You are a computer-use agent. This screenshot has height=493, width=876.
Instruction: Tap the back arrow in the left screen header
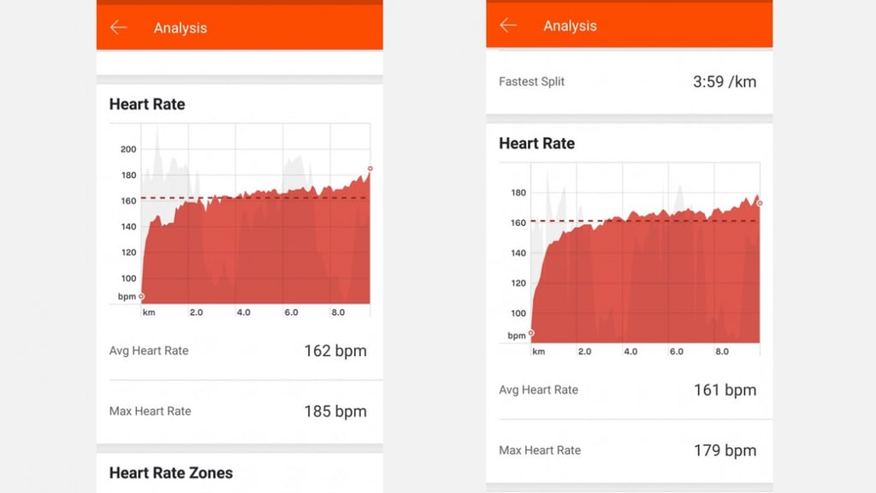(x=118, y=27)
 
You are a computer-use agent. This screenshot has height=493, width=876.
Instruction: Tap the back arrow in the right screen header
(x=508, y=25)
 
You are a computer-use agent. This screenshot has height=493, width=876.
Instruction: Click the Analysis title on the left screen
(x=181, y=28)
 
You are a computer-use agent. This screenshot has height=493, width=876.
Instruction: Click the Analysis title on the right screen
(x=570, y=26)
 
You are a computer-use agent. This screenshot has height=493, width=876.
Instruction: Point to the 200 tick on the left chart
(x=128, y=149)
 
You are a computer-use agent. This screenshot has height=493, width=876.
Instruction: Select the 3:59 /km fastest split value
(x=725, y=81)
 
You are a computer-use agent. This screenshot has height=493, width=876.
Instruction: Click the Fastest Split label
(x=531, y=81)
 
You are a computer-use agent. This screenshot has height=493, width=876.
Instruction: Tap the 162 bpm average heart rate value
(x=335, y=351)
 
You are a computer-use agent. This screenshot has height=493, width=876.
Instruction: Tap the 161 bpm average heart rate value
(x=725, y=390)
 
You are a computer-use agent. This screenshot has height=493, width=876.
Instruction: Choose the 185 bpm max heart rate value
(x=335, y=412)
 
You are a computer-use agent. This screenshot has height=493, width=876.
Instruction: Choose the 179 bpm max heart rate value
(x=725, y=450)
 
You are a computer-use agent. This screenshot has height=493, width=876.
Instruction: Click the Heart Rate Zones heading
(x=171, y=472)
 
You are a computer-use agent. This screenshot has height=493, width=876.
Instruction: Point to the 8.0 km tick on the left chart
(x=338, y=312)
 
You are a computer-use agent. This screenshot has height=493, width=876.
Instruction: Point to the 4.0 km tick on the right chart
(x=630, y=352)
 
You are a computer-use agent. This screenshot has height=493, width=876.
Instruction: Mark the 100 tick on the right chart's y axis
(x=518, y=313)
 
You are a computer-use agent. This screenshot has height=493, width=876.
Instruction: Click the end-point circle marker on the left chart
(x=370, y=169)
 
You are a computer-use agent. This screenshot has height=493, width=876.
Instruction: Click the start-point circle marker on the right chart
(x=531, y=333)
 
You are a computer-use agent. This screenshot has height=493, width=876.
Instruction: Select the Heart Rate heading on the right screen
(x=537, y=144)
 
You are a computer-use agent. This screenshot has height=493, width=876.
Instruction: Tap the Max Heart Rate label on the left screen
(x=150, y=412)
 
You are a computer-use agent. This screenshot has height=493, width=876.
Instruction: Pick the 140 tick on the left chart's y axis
(x=128, y=227)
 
